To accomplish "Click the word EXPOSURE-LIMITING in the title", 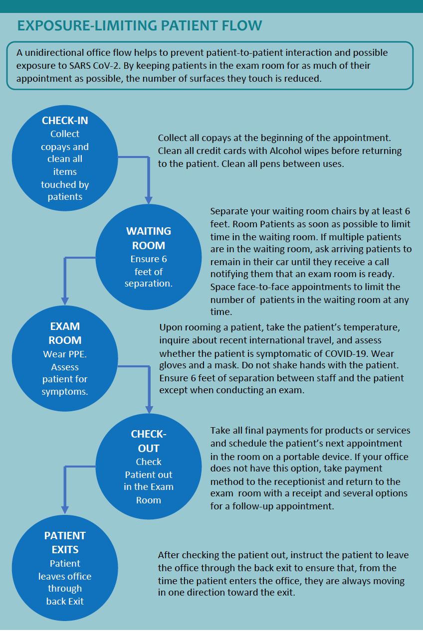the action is pyautogui.click(x=87, y=25).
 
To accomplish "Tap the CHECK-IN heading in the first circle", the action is pyautogui.click(x=65, y=121).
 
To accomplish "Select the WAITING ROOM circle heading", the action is pyautogui.click(x=149, y=238).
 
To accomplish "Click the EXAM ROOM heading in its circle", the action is pyautogui.click(x=65, y=333).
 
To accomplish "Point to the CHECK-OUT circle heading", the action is pyautogui.click(x=149, y=441).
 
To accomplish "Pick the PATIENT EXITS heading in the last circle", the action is pyautogui.click(x=65, y=543).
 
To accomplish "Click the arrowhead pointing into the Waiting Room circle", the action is pyautogui.click(x=149, y=200).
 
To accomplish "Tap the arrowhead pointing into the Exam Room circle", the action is pyautogui.click(x=65, y=301).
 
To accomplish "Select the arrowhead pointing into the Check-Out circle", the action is pyautogui.click(x=149, y=410).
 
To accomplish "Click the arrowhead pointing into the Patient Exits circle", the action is pyautogui.click(x=65, y=510).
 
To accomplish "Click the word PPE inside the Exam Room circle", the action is pyautogui.click(x=78, y=354).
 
